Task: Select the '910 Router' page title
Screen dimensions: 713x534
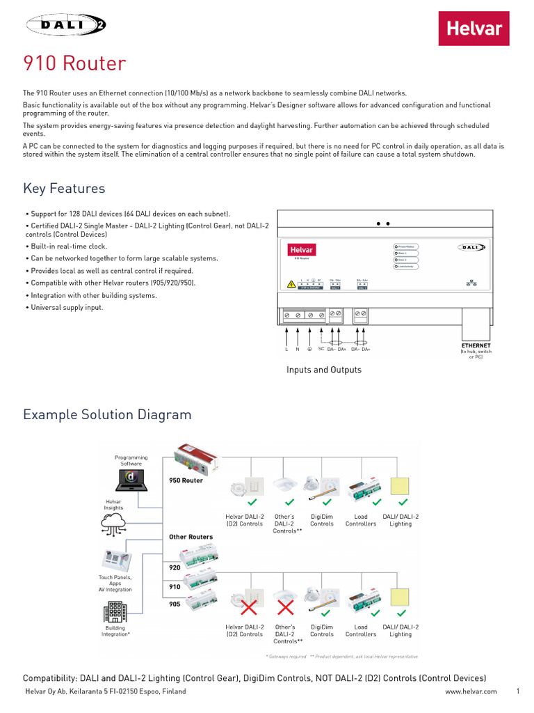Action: [x=74, y=64]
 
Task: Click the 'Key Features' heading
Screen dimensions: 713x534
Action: [x=64, y=189]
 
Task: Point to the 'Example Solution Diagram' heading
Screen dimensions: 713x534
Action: [x=107, y=415]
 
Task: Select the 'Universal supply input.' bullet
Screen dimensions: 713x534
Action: [x=63, y=307]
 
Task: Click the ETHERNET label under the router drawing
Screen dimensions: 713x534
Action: [x=476, y=345]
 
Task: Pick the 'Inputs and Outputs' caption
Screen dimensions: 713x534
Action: [x=324, y=370]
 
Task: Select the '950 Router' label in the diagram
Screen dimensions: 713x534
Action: [x=186, y=480]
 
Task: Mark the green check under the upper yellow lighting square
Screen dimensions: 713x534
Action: [x=401, y=502]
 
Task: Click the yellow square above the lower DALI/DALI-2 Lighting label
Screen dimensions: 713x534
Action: [x=400, y=597]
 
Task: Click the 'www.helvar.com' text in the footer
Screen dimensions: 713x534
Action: [x=471, y=691]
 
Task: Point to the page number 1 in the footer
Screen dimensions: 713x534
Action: [x=518, y=691]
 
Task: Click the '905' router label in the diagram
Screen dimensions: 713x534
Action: [x=175, y=604]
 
